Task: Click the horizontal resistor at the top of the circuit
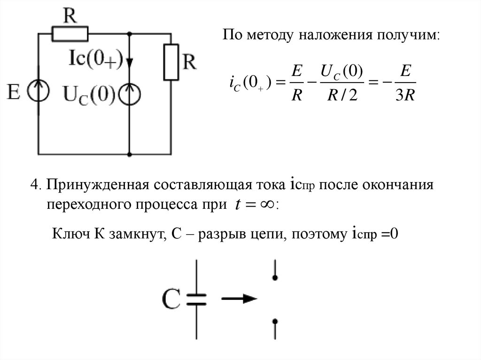(x=70, y=33)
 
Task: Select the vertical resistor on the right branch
(x=170, y=61)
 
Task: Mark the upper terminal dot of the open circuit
(x=275, y=278)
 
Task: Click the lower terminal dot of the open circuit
(x=275, y=322)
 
